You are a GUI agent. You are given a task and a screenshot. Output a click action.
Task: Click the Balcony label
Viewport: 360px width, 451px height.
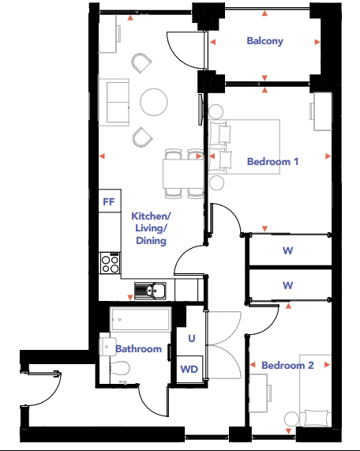264,41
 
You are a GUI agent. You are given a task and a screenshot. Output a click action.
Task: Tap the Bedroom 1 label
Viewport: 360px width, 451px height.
272,161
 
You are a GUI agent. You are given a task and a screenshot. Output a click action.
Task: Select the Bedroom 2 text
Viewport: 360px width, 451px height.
287,365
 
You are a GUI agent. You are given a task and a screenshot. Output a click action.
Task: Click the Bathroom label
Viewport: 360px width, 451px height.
139,349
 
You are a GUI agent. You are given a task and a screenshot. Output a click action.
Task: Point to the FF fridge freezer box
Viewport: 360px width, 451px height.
110,201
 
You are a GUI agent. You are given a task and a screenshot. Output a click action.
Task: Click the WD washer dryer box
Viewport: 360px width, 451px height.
189,370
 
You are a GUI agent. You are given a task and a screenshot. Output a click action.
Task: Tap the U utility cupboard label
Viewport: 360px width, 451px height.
192,338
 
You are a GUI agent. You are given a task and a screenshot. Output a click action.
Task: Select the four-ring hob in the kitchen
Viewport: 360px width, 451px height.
110,263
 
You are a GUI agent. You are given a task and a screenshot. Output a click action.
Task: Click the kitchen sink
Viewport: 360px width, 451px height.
150,290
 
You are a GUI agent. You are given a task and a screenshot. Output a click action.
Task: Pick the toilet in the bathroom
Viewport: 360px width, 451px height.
120,368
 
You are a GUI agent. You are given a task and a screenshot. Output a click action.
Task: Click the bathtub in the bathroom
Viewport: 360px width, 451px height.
141,319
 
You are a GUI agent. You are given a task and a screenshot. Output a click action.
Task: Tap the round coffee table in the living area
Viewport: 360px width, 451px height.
154,102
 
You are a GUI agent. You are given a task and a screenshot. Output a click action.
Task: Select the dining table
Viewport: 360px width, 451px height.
183,174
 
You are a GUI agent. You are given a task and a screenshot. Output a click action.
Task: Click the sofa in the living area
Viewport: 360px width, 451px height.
114,102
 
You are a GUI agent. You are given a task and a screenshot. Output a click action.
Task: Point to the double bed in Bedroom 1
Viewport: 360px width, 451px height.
244,147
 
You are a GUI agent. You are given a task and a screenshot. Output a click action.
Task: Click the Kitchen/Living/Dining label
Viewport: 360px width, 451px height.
151,228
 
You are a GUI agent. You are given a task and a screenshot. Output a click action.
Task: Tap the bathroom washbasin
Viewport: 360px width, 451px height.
107,347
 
